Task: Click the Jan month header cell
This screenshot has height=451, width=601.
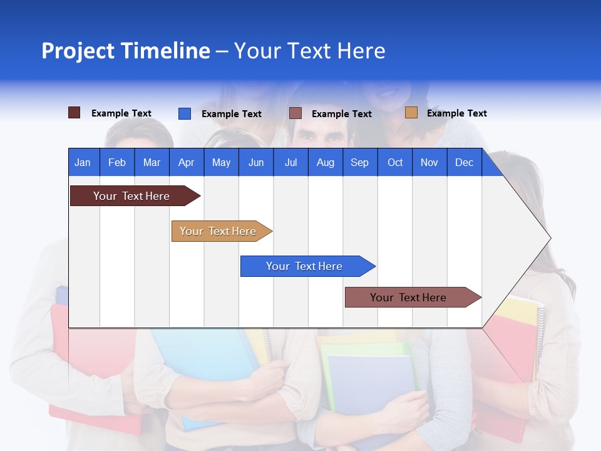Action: (83, 162)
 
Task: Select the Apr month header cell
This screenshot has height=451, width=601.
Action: (186, 162)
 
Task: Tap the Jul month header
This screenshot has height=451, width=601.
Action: (290, 162)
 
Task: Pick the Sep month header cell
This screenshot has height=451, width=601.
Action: (359, 162)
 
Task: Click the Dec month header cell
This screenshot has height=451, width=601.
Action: (464, 162)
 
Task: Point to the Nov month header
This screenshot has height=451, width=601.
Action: (429, 162)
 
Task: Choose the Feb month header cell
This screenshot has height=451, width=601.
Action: (117, 162)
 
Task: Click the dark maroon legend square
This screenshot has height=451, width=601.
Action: (74, 113)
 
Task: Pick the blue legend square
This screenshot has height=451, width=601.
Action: (185, 113)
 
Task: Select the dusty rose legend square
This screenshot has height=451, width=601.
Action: (295, 113)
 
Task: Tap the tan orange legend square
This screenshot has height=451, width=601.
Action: (411, 113)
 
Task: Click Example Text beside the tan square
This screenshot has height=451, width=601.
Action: (456, 113)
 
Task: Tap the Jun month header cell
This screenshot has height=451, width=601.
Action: (255, 162)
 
